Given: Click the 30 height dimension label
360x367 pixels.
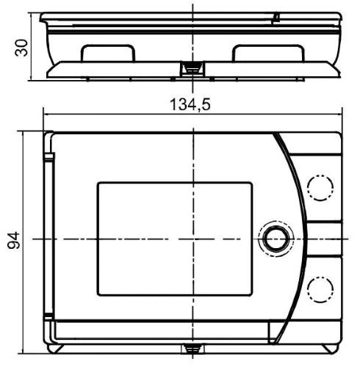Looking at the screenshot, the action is click(x=21, y=48).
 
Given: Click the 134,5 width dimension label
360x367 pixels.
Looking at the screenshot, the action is click(x=190, y=104).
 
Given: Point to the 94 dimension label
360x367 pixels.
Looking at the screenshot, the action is click(x=14, y=241).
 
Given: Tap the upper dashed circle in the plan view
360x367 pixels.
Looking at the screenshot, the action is click(x=320, y=188).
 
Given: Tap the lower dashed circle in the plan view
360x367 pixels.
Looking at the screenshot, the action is click(x=320, y=289).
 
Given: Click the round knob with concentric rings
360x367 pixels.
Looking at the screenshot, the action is click(x=276, y=239).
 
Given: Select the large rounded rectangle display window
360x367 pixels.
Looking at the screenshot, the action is click(x=175, y=239).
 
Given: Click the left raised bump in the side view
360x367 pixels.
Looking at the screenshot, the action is click(x=108, y=53).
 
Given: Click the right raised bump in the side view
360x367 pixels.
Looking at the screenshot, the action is click(x=268, y=53).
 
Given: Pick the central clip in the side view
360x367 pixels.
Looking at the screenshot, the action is click(x=192, y=68).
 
